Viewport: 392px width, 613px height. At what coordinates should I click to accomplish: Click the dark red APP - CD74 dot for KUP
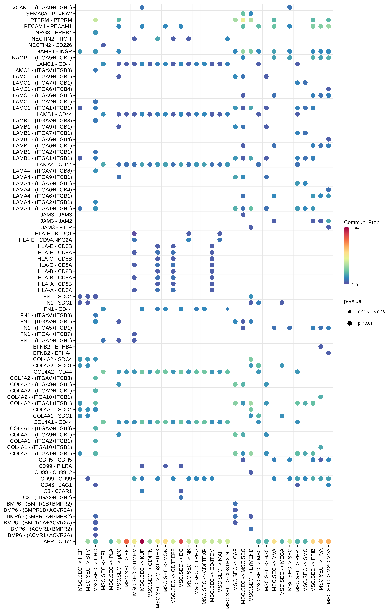click(x=142, y=541)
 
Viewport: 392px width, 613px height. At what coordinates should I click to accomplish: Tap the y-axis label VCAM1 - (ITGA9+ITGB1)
click(x=42, y=7)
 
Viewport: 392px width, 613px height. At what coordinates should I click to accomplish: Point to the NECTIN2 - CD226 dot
click(x=103, y=45)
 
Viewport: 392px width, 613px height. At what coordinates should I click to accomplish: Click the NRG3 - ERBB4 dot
click(x=95, y=33)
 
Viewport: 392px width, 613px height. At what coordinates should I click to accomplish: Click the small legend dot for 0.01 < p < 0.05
click(x=350, y=312)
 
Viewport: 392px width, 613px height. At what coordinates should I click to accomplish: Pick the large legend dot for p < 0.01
click(x=350, y=323)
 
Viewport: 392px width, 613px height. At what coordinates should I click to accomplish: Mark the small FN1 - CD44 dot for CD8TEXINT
click(x=228, y=309)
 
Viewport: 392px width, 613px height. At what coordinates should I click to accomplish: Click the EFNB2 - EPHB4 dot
click(x=321, y=347)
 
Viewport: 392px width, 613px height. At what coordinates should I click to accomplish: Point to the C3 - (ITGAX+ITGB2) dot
click(x=181, y=497)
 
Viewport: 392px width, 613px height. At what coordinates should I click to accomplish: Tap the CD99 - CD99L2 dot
click(x=251, y=472)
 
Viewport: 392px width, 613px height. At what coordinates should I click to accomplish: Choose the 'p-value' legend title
click(x=353, y=301)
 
